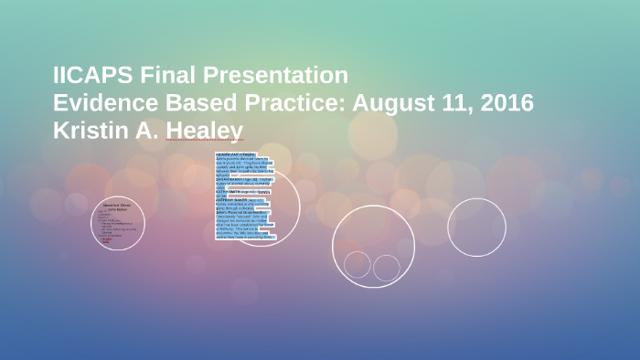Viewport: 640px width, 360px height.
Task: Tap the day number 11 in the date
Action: (x=455, y=103)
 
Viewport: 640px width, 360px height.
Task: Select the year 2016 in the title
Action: (x=506, y=103)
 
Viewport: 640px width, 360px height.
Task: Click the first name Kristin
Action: (x=89, y=131)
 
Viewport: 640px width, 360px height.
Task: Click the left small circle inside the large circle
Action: (x=357, y=264)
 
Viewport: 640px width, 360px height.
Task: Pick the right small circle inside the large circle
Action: (x=387, y=268)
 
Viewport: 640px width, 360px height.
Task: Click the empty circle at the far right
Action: (x=476, y=227)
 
